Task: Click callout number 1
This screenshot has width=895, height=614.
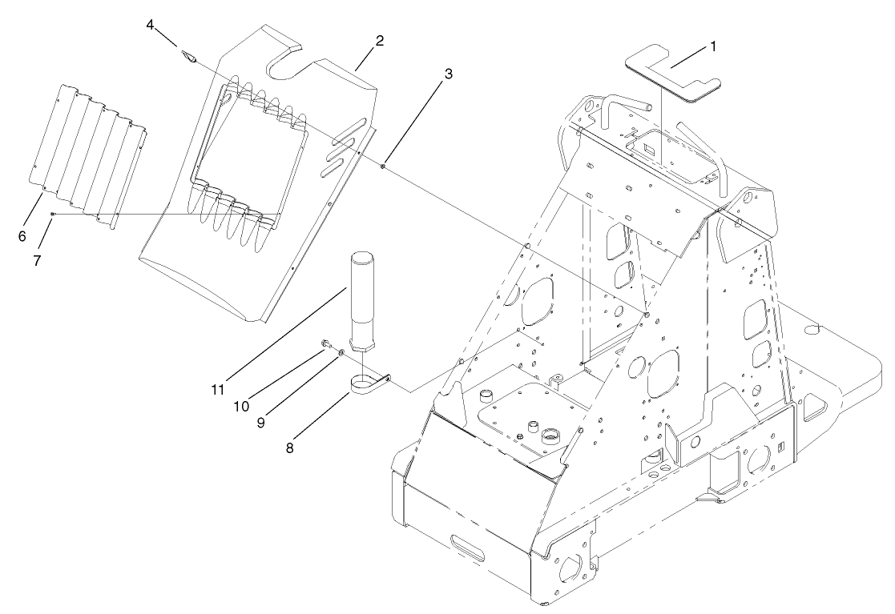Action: (712, 46)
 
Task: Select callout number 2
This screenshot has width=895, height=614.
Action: (379, 41)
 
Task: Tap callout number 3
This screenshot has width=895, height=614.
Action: (448, 73)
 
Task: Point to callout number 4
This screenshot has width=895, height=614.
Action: (150, 25)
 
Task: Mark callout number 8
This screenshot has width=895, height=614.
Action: (289, 448)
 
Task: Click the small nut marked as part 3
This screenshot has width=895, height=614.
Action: (385, 167)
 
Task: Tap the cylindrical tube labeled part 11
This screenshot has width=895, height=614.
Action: (362, 300)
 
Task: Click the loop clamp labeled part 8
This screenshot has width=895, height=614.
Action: (369, 385)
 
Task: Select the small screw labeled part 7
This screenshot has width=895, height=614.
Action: (53, 214)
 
